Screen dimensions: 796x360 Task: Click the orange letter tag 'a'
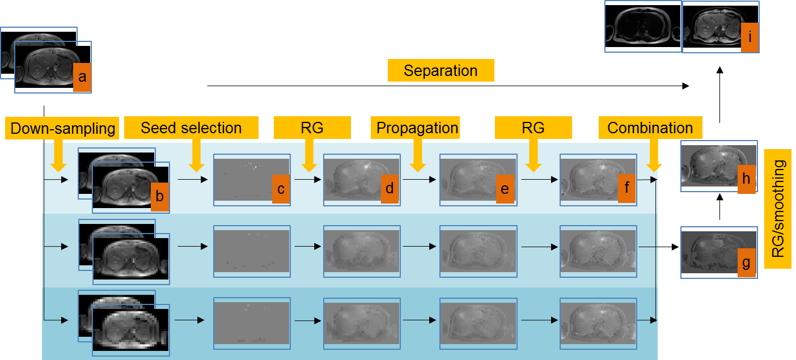pos(82,78)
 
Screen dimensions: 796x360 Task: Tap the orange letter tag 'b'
pos(159,197)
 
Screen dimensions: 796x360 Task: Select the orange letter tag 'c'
pos(281,189)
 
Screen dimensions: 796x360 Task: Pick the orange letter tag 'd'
pos(390,189)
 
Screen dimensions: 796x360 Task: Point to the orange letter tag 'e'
pos(505,189)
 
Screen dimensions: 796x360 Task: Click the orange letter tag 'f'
pos(627,188)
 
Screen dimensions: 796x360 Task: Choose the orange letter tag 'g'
pos(747,262)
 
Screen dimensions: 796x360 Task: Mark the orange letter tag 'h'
pos(747,179)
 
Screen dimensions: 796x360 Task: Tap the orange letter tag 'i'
pos(750,37)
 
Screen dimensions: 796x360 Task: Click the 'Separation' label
pos(441,70)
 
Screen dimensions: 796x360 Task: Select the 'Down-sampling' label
pos(62,128)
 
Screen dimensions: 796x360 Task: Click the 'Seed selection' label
pos(191,128)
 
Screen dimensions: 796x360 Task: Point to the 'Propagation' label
pos(416,128)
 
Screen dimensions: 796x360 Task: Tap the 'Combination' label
pos(650,128)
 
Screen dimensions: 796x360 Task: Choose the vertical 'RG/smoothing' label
pos(777,209)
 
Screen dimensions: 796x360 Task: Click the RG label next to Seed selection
pos(312,128)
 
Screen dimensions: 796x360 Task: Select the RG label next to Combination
pos(534,128)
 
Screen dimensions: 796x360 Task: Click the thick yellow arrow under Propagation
pos(417,155)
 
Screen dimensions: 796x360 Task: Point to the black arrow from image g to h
pos(719,206)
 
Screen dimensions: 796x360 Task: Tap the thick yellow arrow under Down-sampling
pos(58,156)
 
